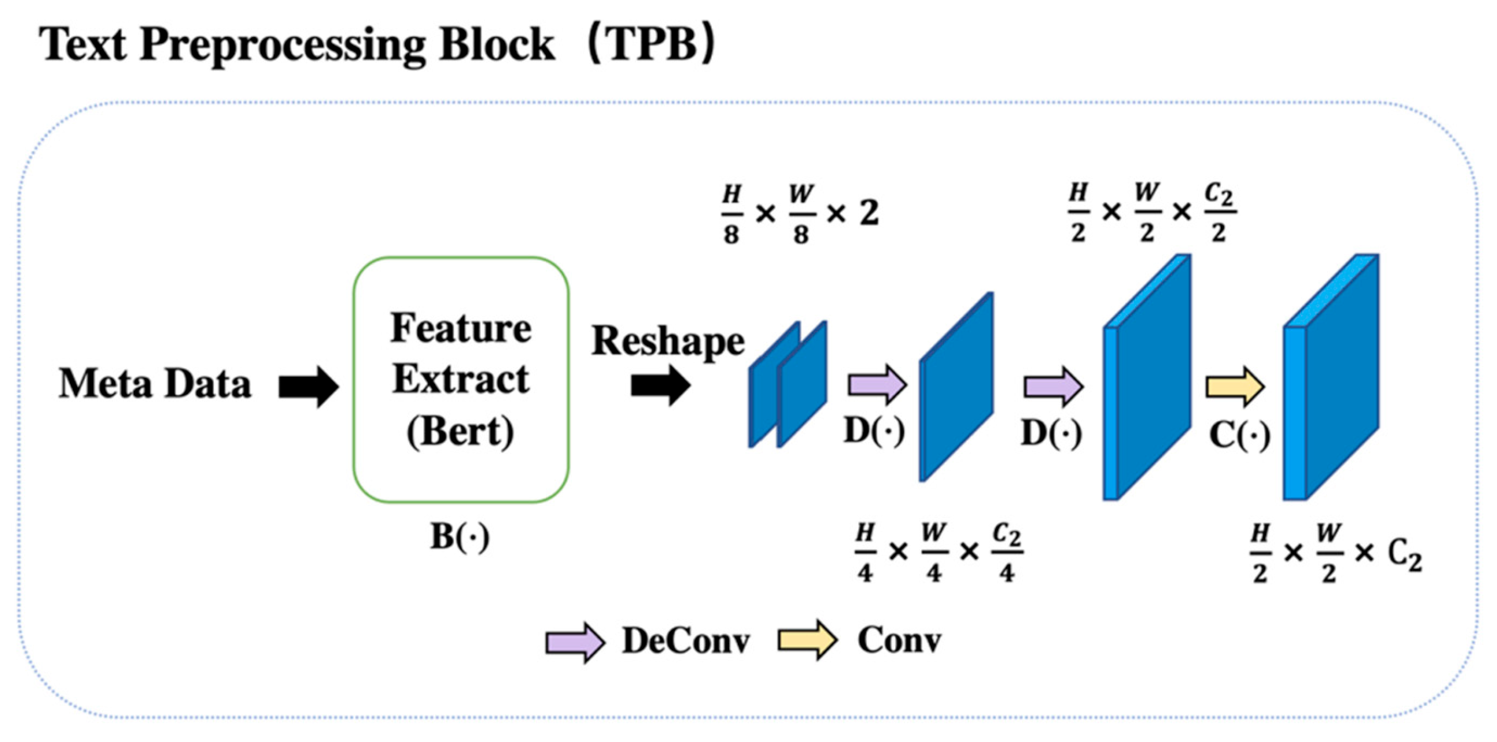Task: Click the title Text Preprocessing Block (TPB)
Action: (378, 46)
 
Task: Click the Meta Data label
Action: (154, 384)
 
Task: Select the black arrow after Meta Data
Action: (308, 387)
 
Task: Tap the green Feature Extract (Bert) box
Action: (461, 379)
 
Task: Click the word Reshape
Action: (668, 341)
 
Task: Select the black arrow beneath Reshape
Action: (660, 385)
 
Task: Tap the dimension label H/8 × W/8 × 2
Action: (800, 214)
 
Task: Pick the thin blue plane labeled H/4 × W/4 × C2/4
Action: (956, 387)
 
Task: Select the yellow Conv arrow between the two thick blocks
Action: (1235, 386)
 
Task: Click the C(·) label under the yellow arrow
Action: (1239, 436)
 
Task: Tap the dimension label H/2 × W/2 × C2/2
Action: (1152, 212)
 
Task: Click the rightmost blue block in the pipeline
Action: (1331, 378)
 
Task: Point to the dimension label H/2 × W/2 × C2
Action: (1336, 553)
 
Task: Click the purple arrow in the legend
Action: (575, 643)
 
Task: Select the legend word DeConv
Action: (686, 641)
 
